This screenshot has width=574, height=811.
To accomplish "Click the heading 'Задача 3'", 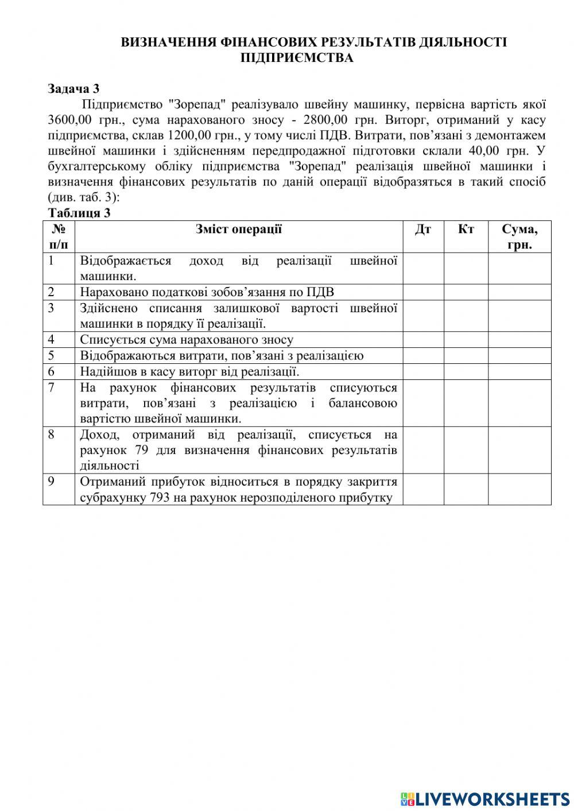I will (73, 88).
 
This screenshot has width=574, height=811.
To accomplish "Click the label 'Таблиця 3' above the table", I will (79, 213).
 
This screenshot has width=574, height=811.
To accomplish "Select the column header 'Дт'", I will (423, 230).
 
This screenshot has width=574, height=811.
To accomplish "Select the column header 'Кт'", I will (466, 230).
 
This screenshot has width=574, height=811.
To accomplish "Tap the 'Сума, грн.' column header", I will (519, 236).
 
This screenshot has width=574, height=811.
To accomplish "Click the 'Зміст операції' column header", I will (238, 229).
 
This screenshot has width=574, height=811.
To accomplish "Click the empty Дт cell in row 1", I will (423, 268).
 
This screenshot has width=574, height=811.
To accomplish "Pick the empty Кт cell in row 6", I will (466, 371).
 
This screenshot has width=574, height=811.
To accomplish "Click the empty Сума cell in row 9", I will (519, 489).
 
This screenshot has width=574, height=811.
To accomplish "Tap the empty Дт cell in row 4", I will (423, 340).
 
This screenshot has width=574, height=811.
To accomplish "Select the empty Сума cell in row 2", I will (519, 292).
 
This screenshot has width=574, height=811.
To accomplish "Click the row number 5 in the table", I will (51, 355).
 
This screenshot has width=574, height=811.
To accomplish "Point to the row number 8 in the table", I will (51, 434).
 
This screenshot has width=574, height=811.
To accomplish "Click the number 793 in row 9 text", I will (160, 498).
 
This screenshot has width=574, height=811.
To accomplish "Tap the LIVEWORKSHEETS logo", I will (485, 798).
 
